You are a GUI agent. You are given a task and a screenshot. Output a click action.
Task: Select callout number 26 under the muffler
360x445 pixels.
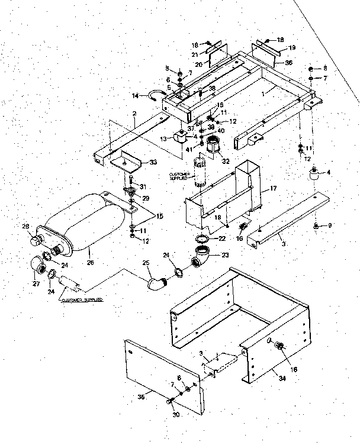click(91, 257)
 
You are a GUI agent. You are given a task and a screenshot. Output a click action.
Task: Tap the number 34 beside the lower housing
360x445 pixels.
click(288, 375)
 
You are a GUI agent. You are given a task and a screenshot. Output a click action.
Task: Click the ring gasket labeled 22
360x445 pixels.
click(201, 238)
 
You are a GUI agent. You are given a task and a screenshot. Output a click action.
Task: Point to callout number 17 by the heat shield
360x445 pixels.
click(274, 188)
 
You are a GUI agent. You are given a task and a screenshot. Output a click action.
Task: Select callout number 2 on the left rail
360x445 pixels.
click(134, 114)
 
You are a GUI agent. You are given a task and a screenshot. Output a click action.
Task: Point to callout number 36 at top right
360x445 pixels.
click(289, 63)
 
